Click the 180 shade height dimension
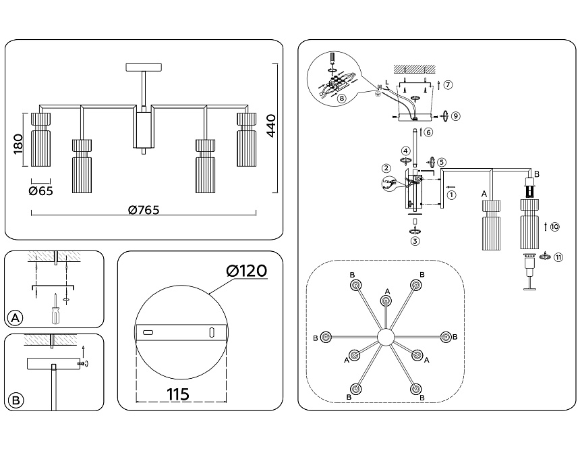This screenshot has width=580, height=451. [18, 144]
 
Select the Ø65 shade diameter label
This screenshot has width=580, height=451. [41, 190]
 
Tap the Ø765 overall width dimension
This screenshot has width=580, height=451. [144, 209]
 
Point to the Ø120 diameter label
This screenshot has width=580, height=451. [247, 271]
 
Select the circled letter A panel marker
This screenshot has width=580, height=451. [16, 317]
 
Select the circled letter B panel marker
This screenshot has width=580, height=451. [16, 400]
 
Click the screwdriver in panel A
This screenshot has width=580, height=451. [53, 312]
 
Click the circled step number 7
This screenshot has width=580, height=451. [448, 85]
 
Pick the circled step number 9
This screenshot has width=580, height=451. [456, 116]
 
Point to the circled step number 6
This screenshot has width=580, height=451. [429, 132]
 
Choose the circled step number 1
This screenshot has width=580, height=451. [451, 195]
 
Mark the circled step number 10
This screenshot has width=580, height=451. [554, 227]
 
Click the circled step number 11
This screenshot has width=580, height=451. [558, 257]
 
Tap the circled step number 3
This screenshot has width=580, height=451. [415, 241]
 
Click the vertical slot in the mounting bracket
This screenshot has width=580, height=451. [212, 332]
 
